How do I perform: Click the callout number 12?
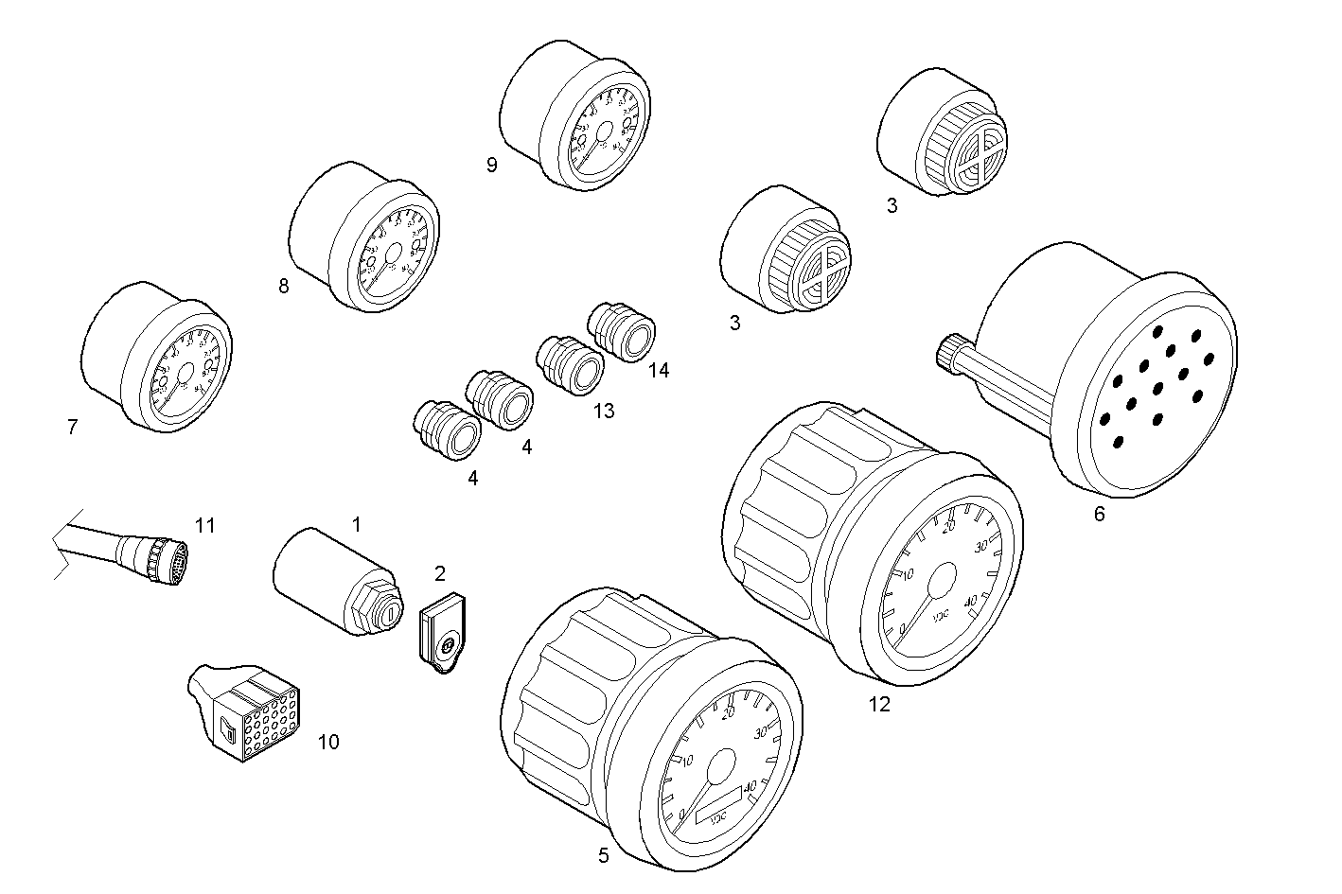tap(879, 705)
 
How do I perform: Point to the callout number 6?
tap(1099, 515)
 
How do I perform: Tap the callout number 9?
tap(491, 166)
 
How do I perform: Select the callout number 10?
tap(327, 742)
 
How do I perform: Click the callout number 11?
tap(205, 525)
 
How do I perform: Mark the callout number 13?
tap(603, 411)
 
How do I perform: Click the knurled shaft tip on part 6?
tap(947, 356)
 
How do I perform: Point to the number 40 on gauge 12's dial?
tap(970, 601)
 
